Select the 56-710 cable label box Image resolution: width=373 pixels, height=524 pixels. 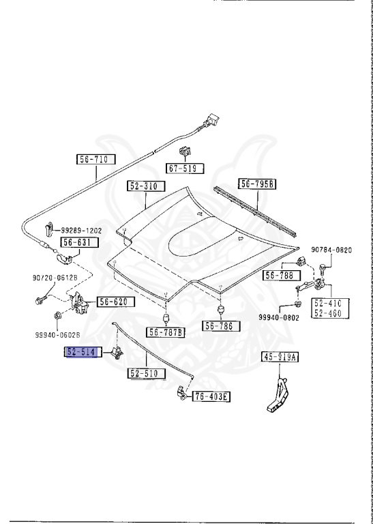[96, 159]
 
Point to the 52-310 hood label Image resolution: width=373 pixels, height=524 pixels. [147, 186]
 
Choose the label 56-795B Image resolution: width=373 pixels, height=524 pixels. [258, 184]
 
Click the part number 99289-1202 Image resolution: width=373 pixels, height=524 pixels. [81, 231]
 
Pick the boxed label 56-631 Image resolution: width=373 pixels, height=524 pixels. [80, 242]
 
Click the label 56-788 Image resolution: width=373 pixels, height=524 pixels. [282, 276]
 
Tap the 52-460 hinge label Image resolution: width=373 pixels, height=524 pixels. [330, 313]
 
